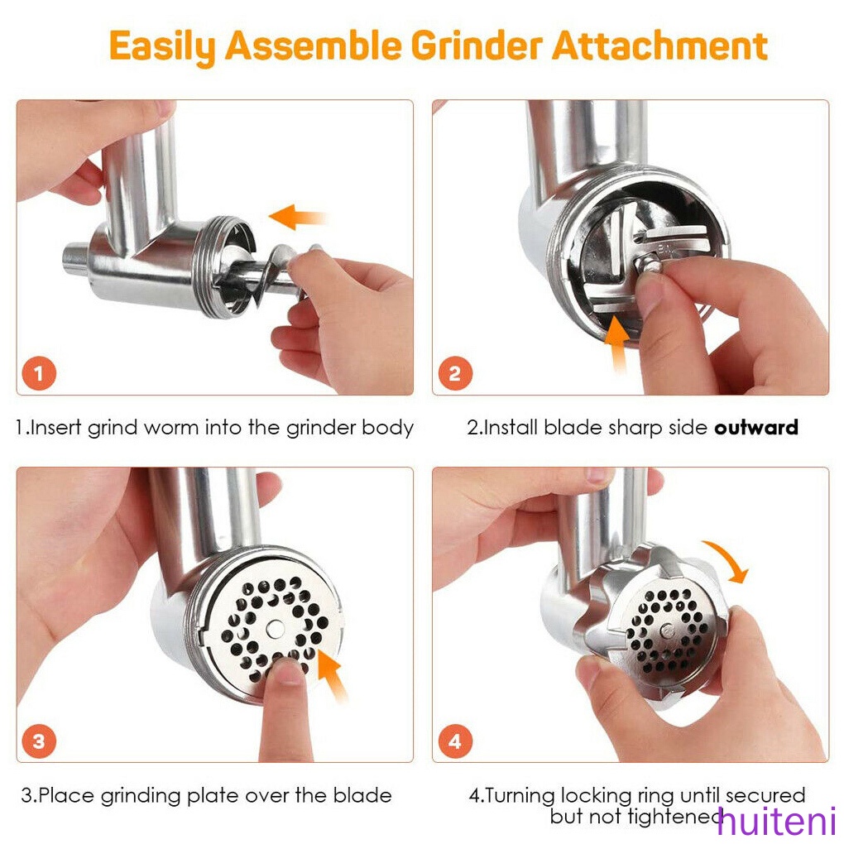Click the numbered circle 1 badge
pos(40,374)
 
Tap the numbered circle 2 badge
pos(454,374)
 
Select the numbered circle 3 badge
pos(40,741)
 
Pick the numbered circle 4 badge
pos(454,741)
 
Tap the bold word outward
pos(756,428)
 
